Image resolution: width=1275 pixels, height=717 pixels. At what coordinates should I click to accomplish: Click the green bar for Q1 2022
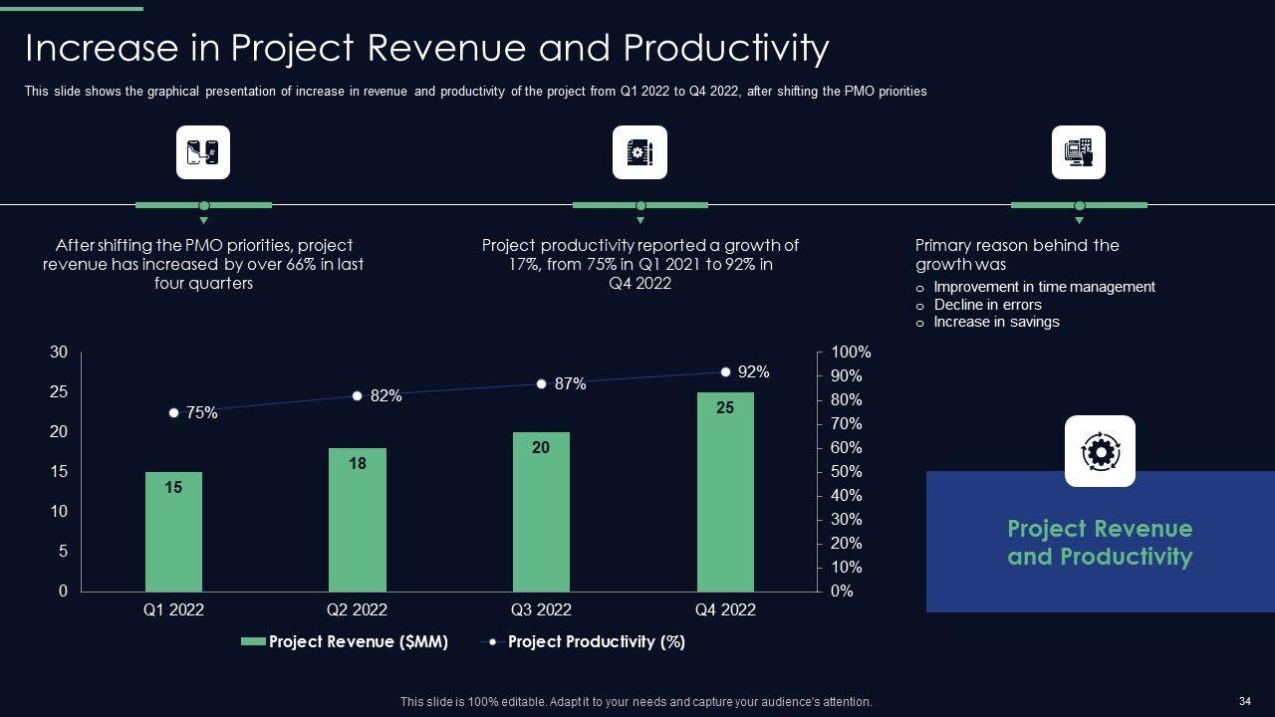coord(173,532)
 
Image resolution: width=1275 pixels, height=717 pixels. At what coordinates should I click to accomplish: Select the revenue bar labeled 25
coord(725,492)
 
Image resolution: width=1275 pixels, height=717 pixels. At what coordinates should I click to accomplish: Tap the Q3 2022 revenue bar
coord(541,512)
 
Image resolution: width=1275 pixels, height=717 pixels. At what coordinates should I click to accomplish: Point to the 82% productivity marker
coord(357,396)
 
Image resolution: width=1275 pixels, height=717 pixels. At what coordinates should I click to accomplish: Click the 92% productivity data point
coord(725,371)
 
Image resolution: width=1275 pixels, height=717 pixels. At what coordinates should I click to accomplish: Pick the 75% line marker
coord(173,412)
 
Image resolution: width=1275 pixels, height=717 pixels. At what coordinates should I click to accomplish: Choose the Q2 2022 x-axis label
coord(357,609)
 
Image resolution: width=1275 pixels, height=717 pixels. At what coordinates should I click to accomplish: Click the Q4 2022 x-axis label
coord(725,609)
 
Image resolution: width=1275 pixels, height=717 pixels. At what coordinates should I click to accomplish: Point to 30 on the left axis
coord(59,353)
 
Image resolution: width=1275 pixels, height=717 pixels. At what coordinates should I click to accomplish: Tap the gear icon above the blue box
coord(1100,451)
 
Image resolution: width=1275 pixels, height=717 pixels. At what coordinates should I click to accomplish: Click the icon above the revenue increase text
coord(203,152)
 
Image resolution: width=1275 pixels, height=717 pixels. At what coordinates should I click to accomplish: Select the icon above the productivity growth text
coord(639,152)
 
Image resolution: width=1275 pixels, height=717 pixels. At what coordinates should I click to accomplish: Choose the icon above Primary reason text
coord(1079,152)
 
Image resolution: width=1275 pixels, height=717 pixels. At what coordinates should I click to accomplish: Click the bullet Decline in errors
coord(987,305)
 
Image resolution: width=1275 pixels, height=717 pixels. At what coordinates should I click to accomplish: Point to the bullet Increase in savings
coord(996,322)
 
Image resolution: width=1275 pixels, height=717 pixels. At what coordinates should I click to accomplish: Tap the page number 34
coord(1244,701)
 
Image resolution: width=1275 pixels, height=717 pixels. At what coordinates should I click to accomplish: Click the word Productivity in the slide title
coord(726,48)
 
